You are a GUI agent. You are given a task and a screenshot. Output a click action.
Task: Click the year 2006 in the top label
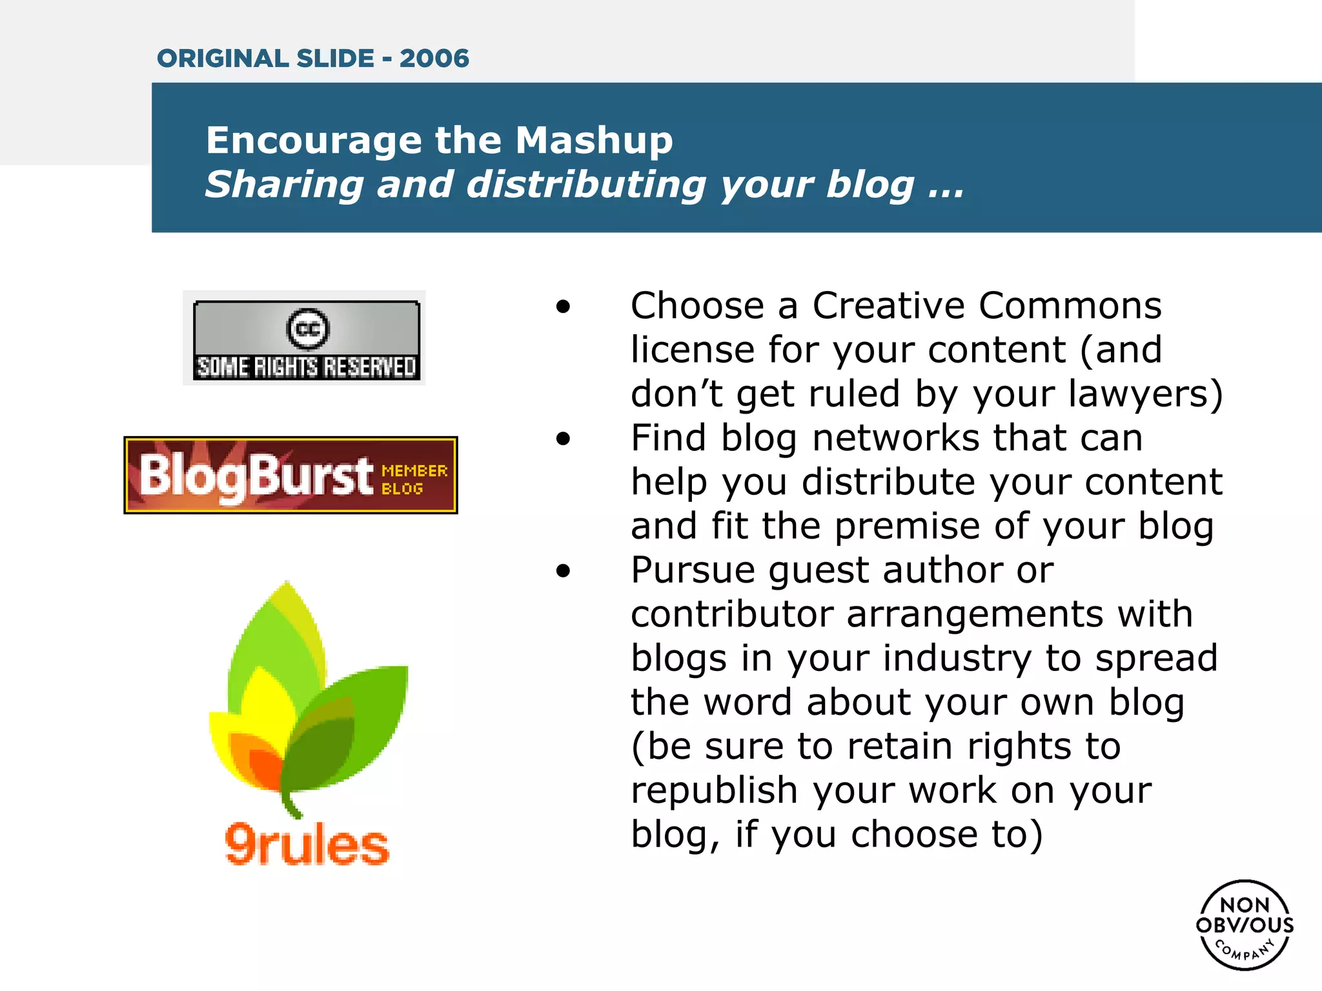pyautogui.click(x=434, y=59)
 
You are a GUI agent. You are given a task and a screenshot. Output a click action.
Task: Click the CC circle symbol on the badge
pyautogui.click(x=307, y=328)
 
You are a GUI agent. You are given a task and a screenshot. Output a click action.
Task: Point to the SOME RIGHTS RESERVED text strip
pyautogui.click(x=307, y=367)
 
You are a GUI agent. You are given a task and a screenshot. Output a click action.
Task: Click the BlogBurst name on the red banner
pyautogui.click(x=256, y=476)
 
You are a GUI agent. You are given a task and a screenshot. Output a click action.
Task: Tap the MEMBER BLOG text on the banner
pyautogui.click(x=414, y=479)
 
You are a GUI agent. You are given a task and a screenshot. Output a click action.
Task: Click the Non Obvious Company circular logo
pyautogui.click(x=1245, y=925)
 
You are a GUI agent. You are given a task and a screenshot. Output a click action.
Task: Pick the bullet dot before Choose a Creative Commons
pyautogui.click(x=564, y=306)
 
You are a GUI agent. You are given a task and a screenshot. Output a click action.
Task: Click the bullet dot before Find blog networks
pyautogui.click(x=564, y=439)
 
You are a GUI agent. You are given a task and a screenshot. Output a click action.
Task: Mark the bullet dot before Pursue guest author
pyautogui.click(x=564, y=571)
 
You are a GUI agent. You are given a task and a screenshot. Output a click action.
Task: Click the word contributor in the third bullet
pyautogui.click(x=732, y=614)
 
